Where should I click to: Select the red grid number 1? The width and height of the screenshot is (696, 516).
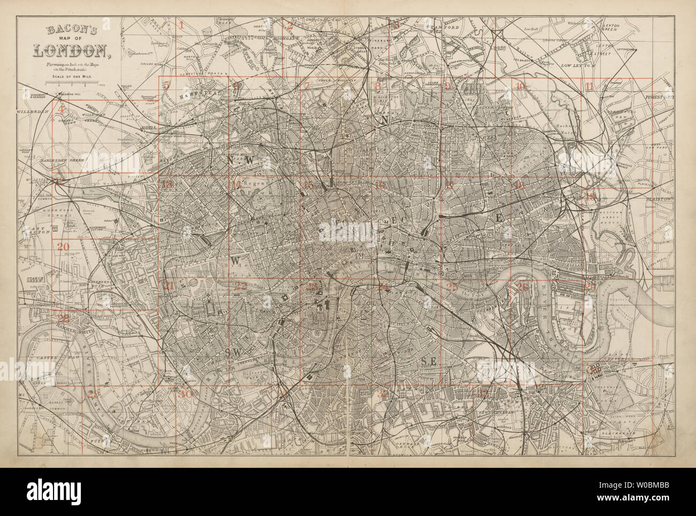pos(181,25)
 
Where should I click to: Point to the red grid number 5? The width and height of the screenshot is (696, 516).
pos(167,85)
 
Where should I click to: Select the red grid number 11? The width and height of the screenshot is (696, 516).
pos(589,87)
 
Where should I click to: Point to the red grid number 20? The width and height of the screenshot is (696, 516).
pos(63,247)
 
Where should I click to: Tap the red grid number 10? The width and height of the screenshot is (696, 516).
pos(519,87)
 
